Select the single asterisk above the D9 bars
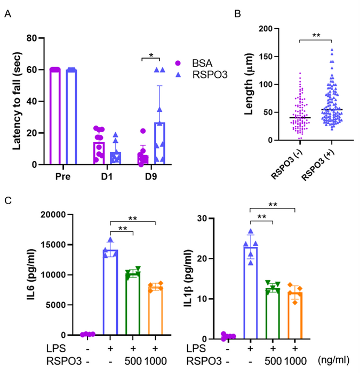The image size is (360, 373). click(151, 55)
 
